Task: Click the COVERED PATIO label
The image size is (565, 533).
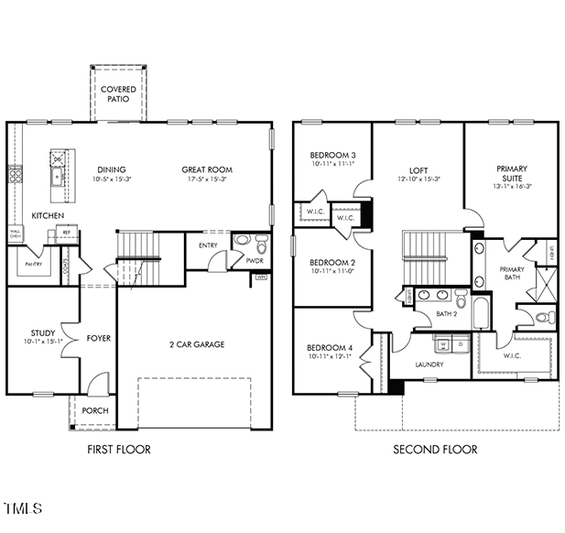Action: click(x=118, y=94)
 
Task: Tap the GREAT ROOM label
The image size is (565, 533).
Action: click(x=206, y=169)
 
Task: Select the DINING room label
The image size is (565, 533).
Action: click(x=112, y=169)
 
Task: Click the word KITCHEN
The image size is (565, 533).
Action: click(x=49, y=215)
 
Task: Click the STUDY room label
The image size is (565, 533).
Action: click(x=42, y=333)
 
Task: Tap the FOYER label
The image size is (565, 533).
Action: click(x=98, y=338)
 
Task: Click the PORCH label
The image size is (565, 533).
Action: click(x=95, y=411)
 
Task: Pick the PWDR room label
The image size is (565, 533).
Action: click(x=255, y=260)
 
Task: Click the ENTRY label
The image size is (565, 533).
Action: click(x=208, y=245)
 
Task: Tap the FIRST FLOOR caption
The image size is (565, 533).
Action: click(x=119, y=450)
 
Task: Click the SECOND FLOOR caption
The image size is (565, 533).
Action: click(x=435, y=450)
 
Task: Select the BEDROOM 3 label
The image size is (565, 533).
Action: click(x=331, y=155)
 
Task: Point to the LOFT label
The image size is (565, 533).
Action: click(x=418, y=169)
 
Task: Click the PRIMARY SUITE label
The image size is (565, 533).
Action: click(x=511, y=174)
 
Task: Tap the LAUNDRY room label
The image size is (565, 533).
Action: click(x=429, y=364)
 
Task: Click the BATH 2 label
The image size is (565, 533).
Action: click(x=446, y=314)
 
